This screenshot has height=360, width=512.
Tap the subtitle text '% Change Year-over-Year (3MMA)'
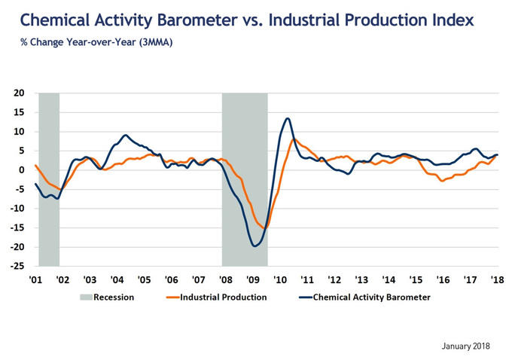96,42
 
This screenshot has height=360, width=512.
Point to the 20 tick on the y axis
19,93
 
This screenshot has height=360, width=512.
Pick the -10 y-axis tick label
17,209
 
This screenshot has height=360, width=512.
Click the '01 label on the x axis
35,279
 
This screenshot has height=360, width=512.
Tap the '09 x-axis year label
254,279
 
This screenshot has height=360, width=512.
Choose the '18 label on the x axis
498,279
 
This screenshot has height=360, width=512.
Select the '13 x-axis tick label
362,279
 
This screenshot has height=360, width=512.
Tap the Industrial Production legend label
223,297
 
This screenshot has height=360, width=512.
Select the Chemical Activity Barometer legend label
370,297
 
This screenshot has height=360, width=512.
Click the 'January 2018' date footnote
465,346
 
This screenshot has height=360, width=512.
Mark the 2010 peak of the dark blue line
288,118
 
